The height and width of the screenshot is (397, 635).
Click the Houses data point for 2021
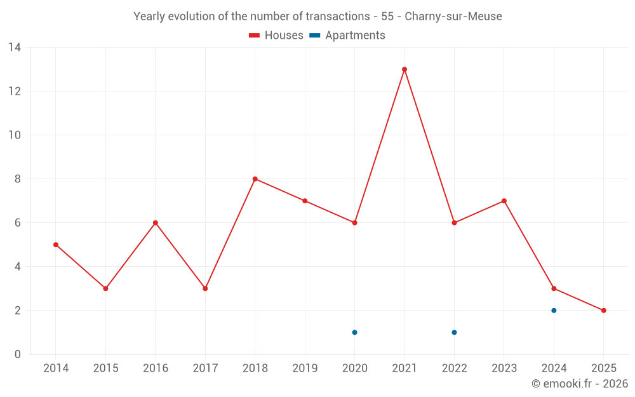point(404,69)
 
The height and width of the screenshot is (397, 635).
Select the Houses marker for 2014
point(56,245)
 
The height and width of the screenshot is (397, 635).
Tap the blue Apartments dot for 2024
point(554,311)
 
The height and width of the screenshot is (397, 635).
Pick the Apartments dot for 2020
point(354,332)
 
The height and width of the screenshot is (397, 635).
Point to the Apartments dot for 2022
point(454,332)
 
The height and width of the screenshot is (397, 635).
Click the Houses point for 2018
point(255,179)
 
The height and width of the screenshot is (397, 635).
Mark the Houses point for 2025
point(603,311)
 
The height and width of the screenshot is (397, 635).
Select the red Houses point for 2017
point(205,288)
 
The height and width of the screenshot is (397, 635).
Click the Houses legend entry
point(276,36)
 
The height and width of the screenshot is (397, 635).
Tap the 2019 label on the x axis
point(305,368)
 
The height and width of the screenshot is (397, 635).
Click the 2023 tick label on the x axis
point(504,368)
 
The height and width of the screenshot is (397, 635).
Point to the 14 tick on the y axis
point(15,48)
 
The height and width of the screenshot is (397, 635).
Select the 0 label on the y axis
point(18,354)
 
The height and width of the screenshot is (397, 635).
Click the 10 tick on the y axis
point(15,135)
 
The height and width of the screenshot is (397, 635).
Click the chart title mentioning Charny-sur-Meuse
point(317,17)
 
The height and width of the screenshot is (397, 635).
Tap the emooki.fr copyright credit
point(579,384)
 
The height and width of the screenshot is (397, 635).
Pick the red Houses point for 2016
point(155,223)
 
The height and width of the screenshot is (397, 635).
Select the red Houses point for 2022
point(454,223)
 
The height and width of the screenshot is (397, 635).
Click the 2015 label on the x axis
point(105,368)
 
